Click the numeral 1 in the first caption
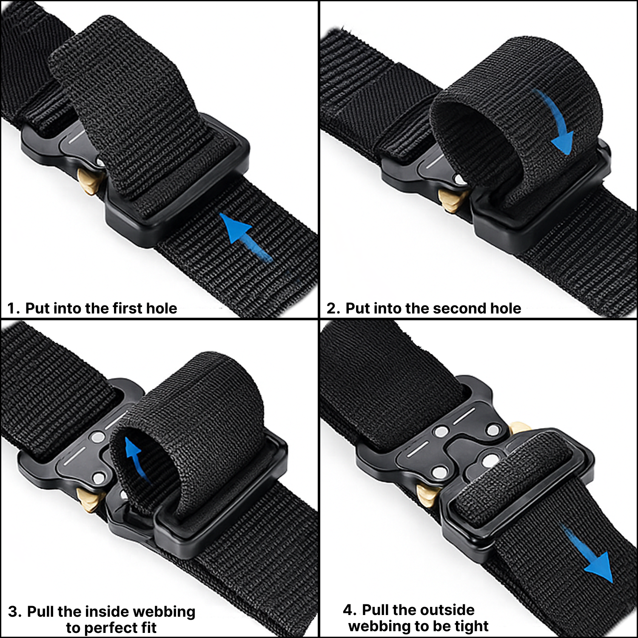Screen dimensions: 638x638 tap(11, 308)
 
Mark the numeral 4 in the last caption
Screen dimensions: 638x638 tap(347, 610)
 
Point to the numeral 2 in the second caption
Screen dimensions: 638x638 tap(332, 308)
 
